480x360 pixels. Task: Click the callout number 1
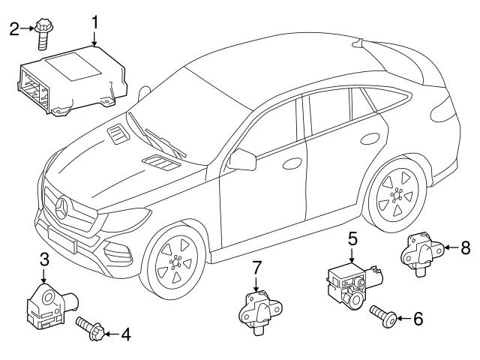[95, 23]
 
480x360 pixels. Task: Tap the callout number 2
[13, 30]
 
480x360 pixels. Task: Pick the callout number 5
[352, 241]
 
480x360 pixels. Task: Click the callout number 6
[418, 318]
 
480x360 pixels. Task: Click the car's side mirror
[243, 159]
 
